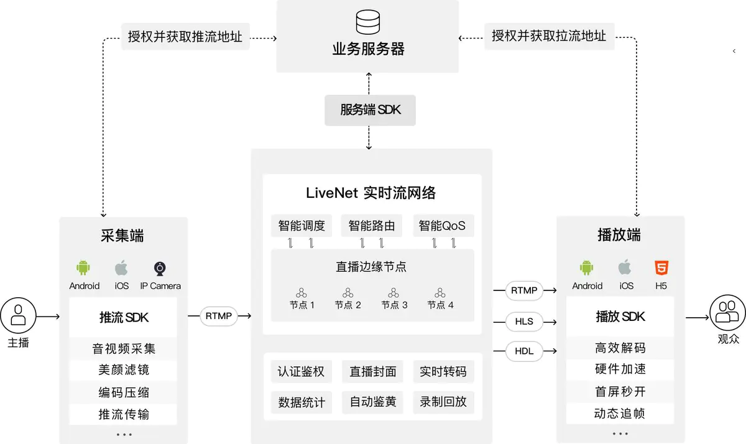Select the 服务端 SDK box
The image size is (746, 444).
click(370, 110)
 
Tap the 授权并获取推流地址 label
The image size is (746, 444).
click(185, 37)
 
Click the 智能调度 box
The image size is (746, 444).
click(302, 225)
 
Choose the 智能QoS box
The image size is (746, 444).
click(442, 225)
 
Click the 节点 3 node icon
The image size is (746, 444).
click(394, 292)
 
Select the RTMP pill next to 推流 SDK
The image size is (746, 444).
click(218, 317)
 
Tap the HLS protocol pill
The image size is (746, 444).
click(524, 322)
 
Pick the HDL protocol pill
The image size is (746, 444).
click(524, 351)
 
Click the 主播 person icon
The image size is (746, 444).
click(19, 314)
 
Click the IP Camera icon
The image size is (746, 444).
click(160, 269)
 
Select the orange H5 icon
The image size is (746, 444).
click(661, 268)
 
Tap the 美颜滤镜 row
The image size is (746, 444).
click(123, 370)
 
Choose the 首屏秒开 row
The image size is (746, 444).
click(620, 391)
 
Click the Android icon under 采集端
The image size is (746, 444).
click(83, 268)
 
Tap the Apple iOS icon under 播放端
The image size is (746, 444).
click(624, 268)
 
